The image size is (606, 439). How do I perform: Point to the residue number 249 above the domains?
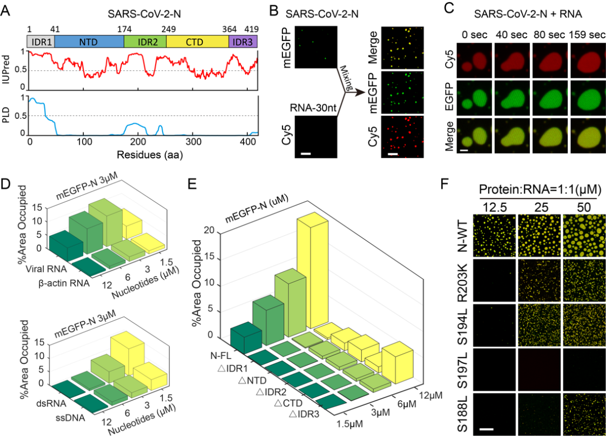pos(166,27)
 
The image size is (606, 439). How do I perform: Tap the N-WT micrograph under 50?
pos(584,236)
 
